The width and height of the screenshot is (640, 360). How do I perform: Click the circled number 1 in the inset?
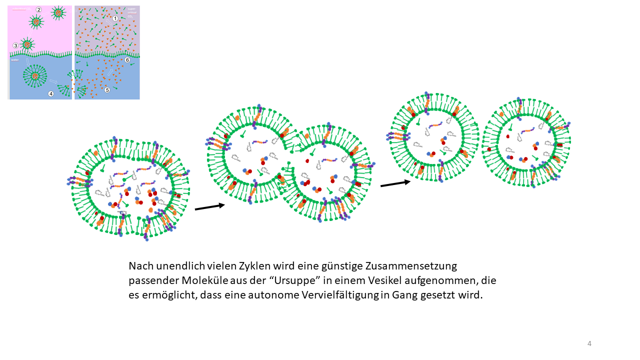(115, 18)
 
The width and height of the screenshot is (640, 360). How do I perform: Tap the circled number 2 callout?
(38, 9)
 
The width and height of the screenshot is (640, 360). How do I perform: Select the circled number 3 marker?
(15, 45)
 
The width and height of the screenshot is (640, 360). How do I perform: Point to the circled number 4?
(50, 93)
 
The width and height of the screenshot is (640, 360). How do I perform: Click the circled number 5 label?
(107, 90)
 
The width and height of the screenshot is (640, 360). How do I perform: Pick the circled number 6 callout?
(127, 59)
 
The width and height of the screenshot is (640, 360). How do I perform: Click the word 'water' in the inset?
(15, 60)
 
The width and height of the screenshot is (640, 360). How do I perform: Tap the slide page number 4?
(589, 343)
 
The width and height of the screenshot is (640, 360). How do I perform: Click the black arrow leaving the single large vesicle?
(209, 206)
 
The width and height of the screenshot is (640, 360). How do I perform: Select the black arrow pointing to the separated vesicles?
(395, 183)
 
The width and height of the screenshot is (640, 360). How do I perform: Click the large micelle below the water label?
(35, 76)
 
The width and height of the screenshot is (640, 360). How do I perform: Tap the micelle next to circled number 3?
(27, 44)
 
